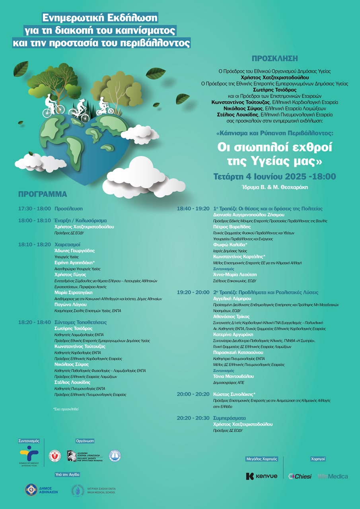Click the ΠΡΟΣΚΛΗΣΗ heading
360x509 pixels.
click(274, 58)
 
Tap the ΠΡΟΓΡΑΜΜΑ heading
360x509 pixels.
click(43, 194)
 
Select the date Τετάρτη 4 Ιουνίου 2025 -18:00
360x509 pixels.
click(274, 177)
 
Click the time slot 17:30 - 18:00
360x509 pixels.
click(35, 208)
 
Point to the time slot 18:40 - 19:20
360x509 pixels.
click(193, 208)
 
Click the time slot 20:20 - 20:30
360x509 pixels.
click(193, 418)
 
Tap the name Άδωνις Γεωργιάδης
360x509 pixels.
click(74, 251)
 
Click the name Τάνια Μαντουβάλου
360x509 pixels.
click(234, 376)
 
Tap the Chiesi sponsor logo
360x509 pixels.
click(300, 476)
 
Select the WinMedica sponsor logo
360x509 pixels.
click(333, 476)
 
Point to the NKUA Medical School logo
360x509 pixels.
click(94, 490)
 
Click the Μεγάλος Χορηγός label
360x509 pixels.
click(261, 459)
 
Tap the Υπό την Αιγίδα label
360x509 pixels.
click(68, 474)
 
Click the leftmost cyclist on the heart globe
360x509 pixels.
click(51, 105)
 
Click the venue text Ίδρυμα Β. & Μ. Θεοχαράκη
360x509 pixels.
click(274, 187)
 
